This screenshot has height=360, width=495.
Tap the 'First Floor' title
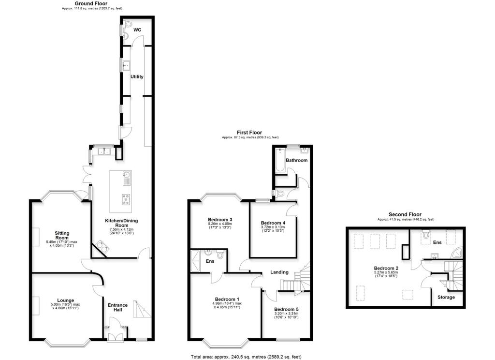pos(249,132)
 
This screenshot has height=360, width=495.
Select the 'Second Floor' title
pos(405,214)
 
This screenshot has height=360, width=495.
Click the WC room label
pos(137,30)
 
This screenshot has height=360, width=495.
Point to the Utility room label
pos(137,76)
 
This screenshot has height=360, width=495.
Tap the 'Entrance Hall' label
pos(117,308)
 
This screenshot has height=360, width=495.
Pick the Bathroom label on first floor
pos(296,160)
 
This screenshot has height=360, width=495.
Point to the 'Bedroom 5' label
pos(287,309)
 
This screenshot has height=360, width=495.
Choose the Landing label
pos(279,272)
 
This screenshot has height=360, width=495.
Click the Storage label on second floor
pos(446,297)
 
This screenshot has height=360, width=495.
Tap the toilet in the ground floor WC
pos(128,25)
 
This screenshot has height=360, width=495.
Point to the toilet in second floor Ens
pos(426,235)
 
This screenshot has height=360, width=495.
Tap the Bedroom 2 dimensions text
pos(385,275)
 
